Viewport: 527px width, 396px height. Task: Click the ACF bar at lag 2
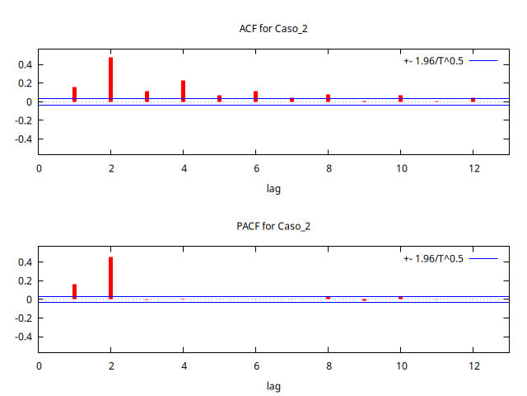pos(110,79)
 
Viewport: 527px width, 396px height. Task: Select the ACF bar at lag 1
pos(74,94)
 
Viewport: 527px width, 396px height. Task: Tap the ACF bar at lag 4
pos(183,91)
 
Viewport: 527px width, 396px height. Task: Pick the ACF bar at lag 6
pos(255,97)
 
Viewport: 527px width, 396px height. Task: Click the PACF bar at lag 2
pos(110,278)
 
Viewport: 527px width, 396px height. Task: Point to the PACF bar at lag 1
pos(74,291)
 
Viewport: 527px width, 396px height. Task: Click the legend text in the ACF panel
pos(433,61)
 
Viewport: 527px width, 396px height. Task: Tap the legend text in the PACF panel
pos(433,259)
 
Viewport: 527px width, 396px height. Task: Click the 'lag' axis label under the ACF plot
pos(273,188)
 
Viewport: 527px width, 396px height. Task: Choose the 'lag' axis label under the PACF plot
pos(273,386)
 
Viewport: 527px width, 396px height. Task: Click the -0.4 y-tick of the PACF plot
pos(21,337)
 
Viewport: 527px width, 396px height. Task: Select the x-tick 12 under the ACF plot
pos(473,169)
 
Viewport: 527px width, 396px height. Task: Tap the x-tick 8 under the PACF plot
pos(328,367)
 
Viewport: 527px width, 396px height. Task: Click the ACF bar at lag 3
pos(147,97)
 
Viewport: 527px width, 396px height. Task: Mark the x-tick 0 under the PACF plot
pos(38,367)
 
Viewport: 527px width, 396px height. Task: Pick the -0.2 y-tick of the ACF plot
pos(21,120)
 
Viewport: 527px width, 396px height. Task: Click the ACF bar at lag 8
pos(328,98)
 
